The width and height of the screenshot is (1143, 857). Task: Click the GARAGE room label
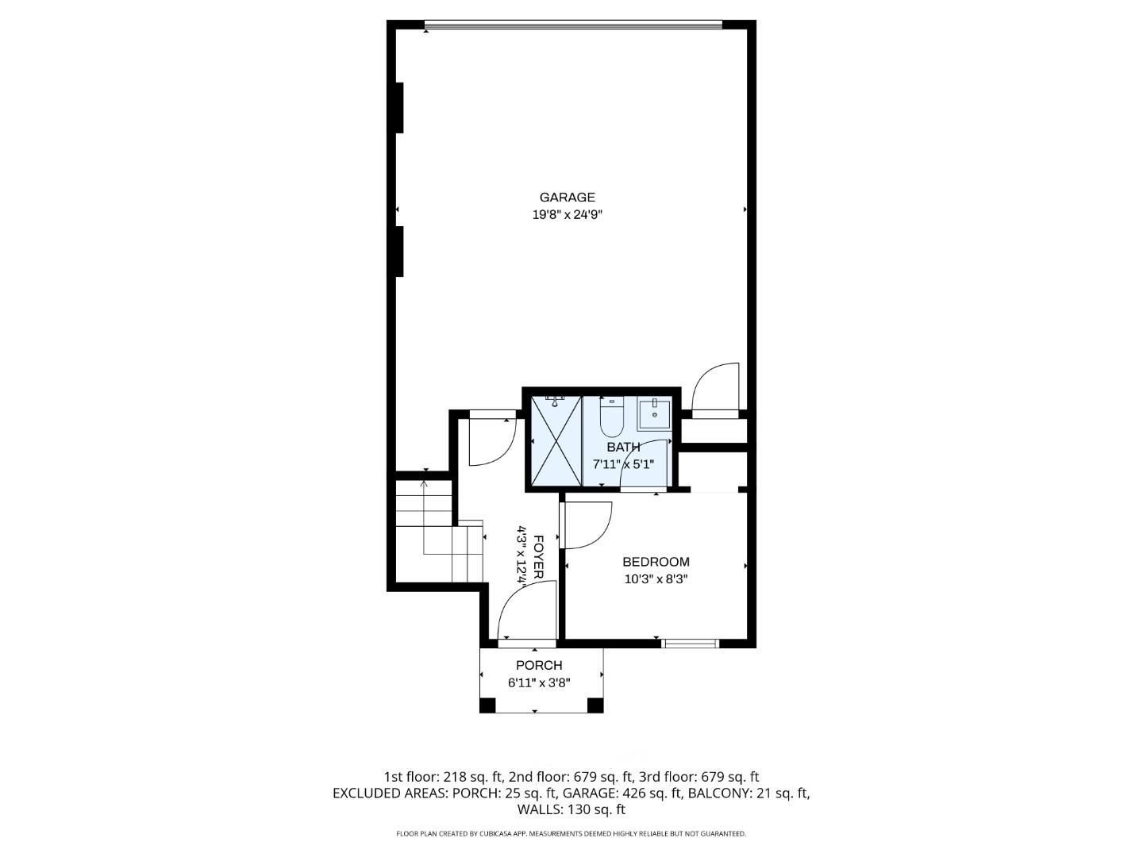tap(567, 198)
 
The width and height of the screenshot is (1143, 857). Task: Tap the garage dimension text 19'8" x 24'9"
tap(567, 214)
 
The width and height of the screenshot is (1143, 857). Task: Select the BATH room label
tap(623, 447)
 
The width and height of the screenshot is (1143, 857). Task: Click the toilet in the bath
tap(611, 417)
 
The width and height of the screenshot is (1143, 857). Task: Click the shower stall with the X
tap(556, 441)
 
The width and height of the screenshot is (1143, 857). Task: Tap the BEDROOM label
tap(656, 562)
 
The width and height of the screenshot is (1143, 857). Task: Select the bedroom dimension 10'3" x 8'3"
tap(656, 579)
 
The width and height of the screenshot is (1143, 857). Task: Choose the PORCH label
tap(539, 665)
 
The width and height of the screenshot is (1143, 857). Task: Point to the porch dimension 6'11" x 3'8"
tap(539, 682)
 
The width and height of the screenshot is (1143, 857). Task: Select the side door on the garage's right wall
tap(716, 389)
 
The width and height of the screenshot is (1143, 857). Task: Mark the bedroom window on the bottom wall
tap(691, 644)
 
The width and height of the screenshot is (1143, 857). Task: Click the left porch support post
tap(487, 705)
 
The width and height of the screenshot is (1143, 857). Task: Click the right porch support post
tap(595, 705)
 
